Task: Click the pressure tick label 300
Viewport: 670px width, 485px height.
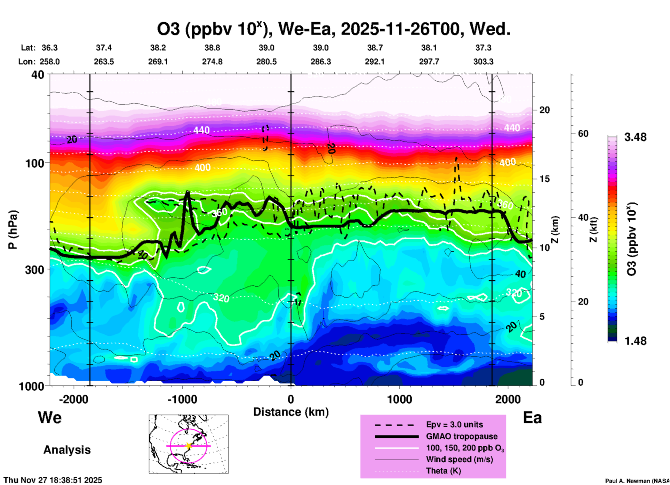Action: (35, 269)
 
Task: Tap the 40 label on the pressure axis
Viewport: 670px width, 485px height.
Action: (38, 74)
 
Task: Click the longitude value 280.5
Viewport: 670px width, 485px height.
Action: (266, 62)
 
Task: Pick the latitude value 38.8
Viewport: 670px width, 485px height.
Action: (212, 48)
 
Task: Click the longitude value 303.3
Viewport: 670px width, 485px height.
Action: (483, 62)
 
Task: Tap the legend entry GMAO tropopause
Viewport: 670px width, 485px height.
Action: (462, 436)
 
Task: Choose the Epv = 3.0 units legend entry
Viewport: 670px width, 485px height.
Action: (454, 424)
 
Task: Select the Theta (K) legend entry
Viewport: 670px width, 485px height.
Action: (444, 471)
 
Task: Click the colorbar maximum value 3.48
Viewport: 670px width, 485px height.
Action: (635, 137)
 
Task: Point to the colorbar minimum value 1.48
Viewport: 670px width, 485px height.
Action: (635, 341)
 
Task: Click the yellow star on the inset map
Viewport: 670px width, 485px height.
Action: (189, 446)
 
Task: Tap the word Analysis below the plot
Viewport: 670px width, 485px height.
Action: (67, 450)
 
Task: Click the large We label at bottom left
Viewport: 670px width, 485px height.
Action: (50, 417)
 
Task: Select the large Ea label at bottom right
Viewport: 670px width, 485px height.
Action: (532, 418)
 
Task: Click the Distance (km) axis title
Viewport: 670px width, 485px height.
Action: (291, 412)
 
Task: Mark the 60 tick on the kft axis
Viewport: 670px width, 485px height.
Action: (583, 134)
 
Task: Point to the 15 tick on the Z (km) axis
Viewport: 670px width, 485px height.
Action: (544, 179)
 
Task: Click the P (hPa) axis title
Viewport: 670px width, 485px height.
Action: (13, 230)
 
